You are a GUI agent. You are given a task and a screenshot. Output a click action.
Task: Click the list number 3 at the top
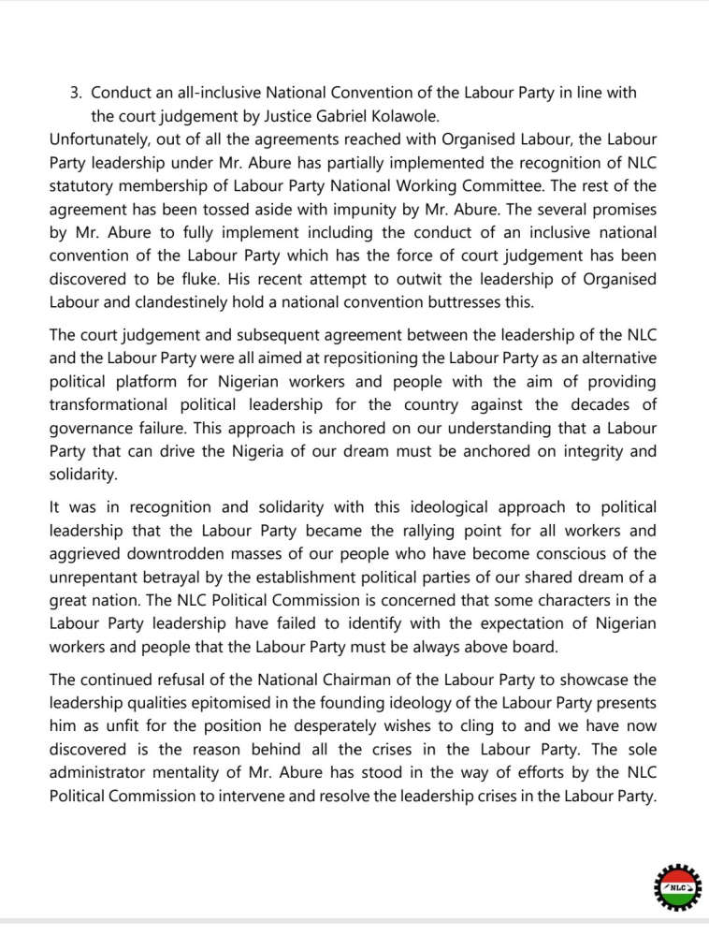[76, 95]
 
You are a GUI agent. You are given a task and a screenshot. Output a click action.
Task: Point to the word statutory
[81, 185]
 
